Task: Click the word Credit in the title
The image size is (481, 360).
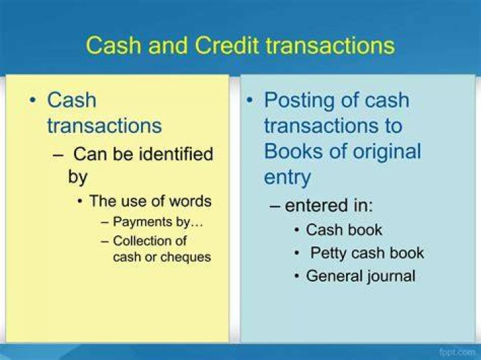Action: [228, 45]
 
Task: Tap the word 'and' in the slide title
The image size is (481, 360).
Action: [168, 45]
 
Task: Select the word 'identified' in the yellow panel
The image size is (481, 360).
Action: [176, 154]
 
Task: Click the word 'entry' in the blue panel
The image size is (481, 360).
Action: [287, 178]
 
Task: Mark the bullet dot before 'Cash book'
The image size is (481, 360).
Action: [297, 230]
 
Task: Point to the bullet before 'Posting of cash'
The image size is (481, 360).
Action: [251, 100]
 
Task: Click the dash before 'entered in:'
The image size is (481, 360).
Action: [275, 206]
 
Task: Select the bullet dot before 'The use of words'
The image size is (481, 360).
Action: [80, 202]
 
